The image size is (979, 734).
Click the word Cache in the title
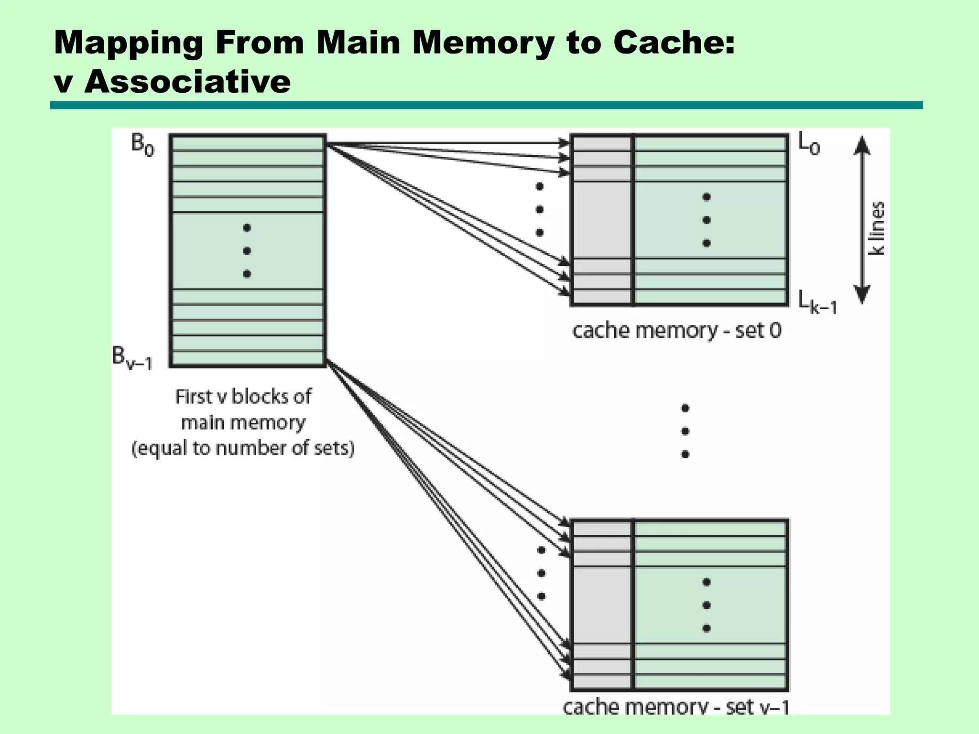click(x=674, y=43)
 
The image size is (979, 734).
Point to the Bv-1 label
click(x=132, y=358)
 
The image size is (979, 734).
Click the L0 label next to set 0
click(x=809, y=144)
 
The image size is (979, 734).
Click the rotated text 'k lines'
click(x=877, y=228)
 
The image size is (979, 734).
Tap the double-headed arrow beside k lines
click(x=861, y=220)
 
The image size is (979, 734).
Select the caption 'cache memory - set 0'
click(x=676, y=331)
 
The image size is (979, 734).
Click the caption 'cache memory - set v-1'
click(x=675, y=707)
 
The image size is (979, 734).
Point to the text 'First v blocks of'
click(x=243, y=397)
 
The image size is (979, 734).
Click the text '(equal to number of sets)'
click(x=243, y=448)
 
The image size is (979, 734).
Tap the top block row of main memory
click(x=247, y=143)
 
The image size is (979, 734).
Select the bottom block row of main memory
click(x=247, y=358)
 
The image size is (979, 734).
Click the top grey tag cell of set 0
click(x=602, y=144)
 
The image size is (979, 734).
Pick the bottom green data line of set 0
click(x=710, y=297)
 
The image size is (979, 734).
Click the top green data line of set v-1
click(x=710, y=529)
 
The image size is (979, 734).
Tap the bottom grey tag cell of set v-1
click(x=602, y=682)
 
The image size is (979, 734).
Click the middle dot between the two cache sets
click(x=685, y=431)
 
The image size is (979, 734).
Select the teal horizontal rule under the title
click(x=486, y=105)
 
